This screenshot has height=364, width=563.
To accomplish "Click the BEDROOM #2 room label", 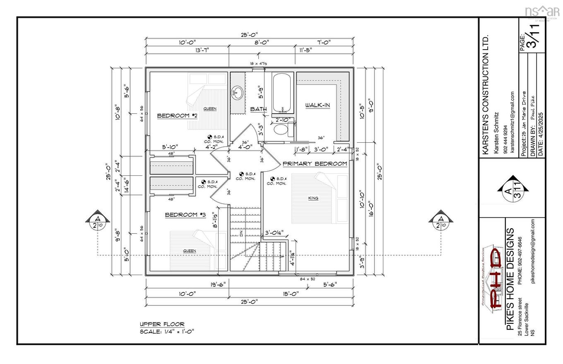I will click(x=177, y=116).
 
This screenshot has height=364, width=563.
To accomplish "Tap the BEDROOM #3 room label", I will click(x=185, y=215).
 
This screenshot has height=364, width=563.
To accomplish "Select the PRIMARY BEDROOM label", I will click(x=315, y=164).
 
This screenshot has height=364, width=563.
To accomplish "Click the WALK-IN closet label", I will click(x=318, y=105).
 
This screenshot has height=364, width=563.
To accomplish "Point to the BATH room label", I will click(x=258, y=109).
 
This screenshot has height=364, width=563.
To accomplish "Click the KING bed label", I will click(x=313, y=198).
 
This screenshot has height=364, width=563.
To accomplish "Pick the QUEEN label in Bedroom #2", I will click(x=210, y=109).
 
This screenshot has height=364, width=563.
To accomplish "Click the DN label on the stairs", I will click(x=241, y=234).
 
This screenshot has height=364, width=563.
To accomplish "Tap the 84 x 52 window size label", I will click(x=307, y=279).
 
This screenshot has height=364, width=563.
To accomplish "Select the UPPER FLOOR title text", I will click(x=162, y=324).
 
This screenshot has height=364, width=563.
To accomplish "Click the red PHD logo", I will click(x=496, y=278).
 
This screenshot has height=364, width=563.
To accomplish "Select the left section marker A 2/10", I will click(x=98, y=222).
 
